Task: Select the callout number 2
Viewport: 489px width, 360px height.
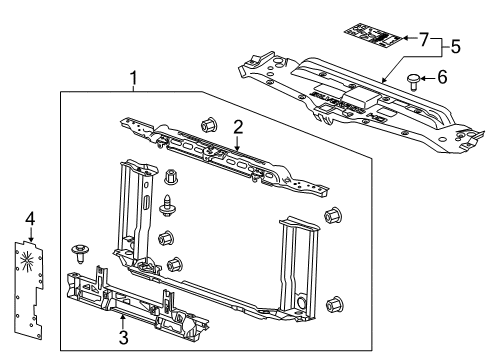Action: (x=238, y=126)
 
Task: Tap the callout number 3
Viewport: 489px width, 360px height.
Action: (x=122, y=338)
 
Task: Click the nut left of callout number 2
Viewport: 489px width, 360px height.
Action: (x=209, y=125)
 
